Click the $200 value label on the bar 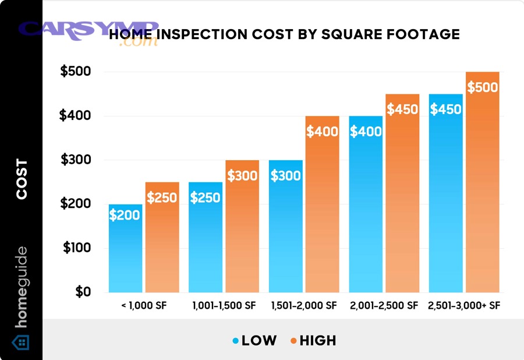coord(125,215)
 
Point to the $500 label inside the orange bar coord(483,87)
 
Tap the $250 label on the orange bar coord(162,198)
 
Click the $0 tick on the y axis coord(82,292)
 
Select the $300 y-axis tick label coord(76,160)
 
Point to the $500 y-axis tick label coord(76,72)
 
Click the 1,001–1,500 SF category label coord(224,306)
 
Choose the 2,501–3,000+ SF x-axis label coord(464,306)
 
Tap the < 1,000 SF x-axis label coord(144,306)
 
